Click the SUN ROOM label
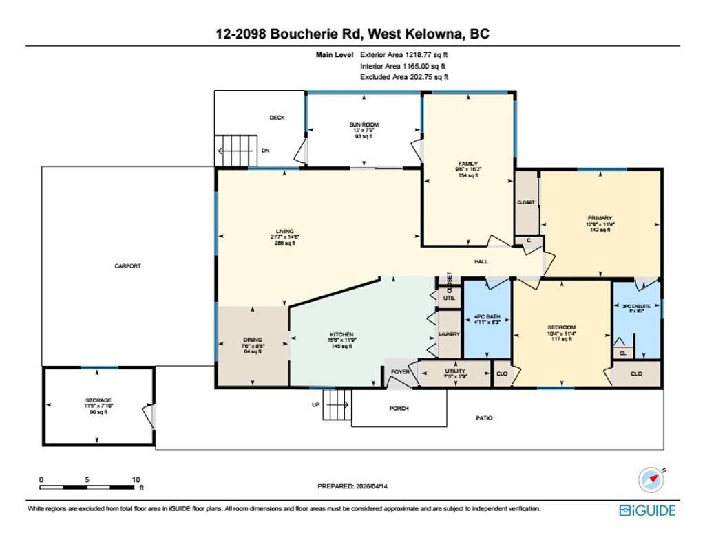coord(364,124)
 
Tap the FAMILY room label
coord(467,164)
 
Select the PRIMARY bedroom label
coord(600,218)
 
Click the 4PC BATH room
coord(487,318)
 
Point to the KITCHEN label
coord(342,334)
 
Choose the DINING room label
coord(253,340)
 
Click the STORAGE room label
coord(98,400)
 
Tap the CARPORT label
coord(128,265)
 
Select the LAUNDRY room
coord(449,334)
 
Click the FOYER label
coord(401,372)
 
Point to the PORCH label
coord(399,408)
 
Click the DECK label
coord(277,118)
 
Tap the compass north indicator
coord(651,479)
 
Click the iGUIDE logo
coord(646,510)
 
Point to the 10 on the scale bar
coord(136,479)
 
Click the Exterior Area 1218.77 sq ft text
coord(404,54)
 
